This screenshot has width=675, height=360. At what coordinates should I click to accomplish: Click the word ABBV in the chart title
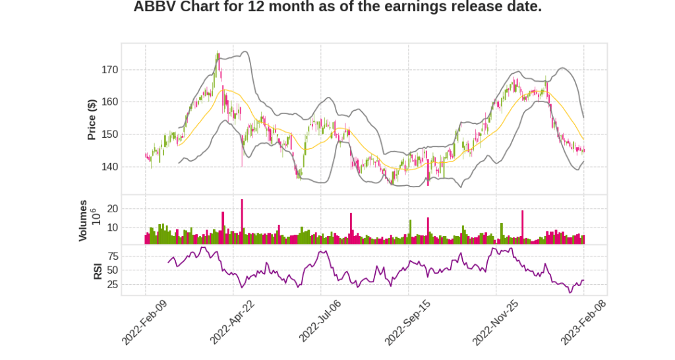pos(153,7)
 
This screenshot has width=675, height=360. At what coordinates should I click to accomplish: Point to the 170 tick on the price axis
pos(109,69)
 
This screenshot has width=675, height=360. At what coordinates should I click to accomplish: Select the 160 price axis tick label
pos(109,102)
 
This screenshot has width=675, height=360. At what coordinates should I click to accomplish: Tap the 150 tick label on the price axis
pos(109,134)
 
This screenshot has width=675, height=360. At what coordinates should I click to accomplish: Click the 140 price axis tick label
pos(109,166)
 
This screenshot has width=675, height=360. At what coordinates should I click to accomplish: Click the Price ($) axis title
pos(92,119)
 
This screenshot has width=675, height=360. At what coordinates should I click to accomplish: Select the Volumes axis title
pos(83,220)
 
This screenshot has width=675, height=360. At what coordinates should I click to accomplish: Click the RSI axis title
pos(98,270)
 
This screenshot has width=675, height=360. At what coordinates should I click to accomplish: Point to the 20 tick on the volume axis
pos(112,208)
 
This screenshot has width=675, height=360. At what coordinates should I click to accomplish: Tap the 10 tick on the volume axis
pos(112,227)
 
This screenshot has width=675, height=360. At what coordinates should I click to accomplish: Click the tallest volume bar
pos(242,222)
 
